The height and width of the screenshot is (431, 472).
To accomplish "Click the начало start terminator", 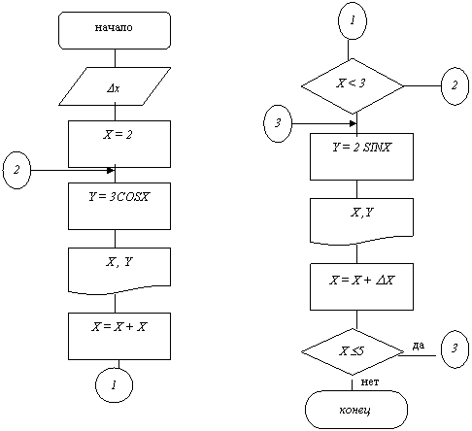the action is tap(115, 31).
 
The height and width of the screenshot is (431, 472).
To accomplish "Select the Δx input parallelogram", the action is tap(115, 86).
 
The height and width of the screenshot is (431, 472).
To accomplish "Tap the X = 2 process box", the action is tap(119, 144).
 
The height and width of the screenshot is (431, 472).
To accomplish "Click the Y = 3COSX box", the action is tap(119, 206).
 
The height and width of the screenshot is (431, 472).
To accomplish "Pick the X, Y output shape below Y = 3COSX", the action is tap(119, 271).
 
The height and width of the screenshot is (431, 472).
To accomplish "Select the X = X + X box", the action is tap(119, 336).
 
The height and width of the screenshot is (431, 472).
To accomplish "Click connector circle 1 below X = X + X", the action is tap(114, 385).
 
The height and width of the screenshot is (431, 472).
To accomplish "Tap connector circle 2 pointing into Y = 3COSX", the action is tap(17, 170).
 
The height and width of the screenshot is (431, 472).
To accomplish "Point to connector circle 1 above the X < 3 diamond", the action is tap(353, 20).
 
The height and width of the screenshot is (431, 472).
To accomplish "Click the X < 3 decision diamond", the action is tap(353, 86).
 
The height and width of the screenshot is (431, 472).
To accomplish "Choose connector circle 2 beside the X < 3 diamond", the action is tap(455, 86).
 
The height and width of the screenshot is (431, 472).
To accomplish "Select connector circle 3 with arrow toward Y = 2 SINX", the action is tap(278, 123).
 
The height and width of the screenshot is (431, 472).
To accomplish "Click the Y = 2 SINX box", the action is tap(361, 156).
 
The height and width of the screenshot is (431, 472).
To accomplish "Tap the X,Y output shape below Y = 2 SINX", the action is tap(361, 221).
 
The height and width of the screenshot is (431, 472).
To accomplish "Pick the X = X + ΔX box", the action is tap(361, 286).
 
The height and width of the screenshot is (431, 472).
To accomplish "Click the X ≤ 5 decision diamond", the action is tap(353, 351).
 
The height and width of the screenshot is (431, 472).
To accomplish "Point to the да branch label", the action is tap(419, 346).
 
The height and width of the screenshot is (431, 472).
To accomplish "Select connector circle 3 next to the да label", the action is tap(455, 349).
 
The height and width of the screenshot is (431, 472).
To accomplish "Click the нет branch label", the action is tap(370, 382).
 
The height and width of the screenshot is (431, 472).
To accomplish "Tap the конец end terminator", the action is tap(356, 410).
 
